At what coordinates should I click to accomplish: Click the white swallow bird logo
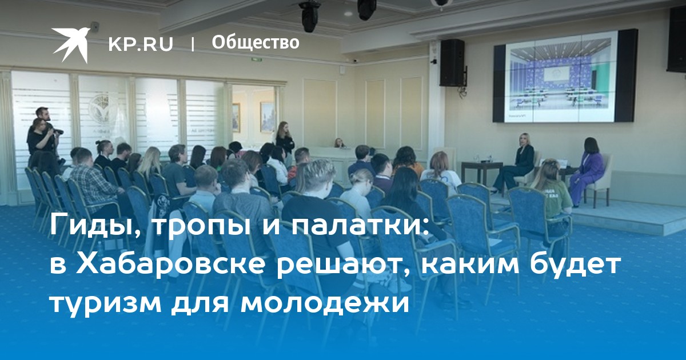tap(71, 45)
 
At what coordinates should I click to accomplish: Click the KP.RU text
tap(141, 44)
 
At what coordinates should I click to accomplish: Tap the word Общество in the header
tap(256, 42)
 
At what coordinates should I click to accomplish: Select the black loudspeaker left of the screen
tap(452, 63)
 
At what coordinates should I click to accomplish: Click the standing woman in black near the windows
tap(285, 142)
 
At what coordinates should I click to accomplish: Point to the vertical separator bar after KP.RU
tap(193, 45)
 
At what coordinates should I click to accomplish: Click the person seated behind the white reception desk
tap(338, 143)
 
